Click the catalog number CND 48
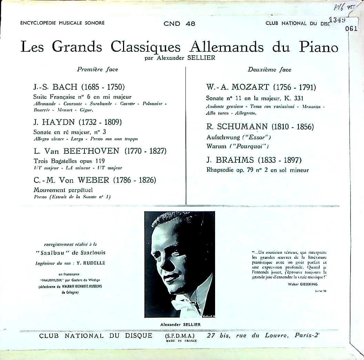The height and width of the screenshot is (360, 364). click(x=179, y=23)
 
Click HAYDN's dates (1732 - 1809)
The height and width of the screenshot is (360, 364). click(x=100, y=122)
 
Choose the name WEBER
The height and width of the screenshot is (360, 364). click(x=93, y=180)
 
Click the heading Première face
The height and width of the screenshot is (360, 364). click(x=98, y=69)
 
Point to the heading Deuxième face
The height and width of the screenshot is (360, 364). click(x=270, y=69)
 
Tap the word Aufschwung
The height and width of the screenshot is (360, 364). click(x=222, y=137)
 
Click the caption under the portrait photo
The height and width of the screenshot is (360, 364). click(x=180, y=324)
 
